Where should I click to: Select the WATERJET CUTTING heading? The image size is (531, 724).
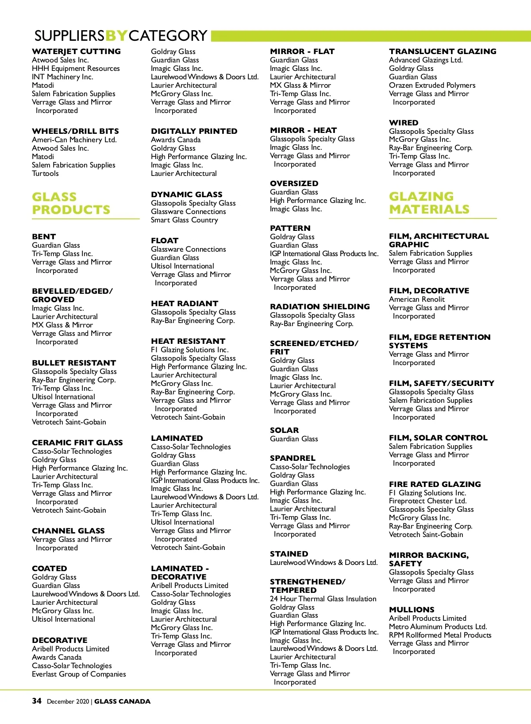point(76,51)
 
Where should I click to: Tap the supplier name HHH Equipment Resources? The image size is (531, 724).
point(76,68)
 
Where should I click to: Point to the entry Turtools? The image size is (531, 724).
point(45,173)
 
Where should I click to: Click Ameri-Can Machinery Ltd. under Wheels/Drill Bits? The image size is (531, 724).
point(74,140)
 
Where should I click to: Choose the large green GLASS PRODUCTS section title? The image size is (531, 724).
point(71,203)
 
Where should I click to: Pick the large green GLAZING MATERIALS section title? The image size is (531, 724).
point(429,202)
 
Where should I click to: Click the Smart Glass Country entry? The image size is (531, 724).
point(184,220)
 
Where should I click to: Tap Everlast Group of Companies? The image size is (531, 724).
point(79,674)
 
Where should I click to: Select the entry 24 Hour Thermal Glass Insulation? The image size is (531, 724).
point(323,599)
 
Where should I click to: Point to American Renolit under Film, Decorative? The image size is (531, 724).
point(416,299)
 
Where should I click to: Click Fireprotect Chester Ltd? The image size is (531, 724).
point(427,501)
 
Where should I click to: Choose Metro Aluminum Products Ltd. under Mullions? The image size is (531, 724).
point(438,627)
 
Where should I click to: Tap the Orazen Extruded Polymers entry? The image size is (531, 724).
point(432,85)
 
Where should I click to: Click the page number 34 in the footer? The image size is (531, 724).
point(37,701)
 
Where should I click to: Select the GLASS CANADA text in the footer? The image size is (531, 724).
point(122,701)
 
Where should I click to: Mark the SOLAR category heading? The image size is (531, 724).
point(284,430)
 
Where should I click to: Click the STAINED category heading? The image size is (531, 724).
point(289,554)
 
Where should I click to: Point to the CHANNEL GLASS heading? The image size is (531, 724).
point(68,531)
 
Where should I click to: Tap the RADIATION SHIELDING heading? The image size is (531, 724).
point(319,307)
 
